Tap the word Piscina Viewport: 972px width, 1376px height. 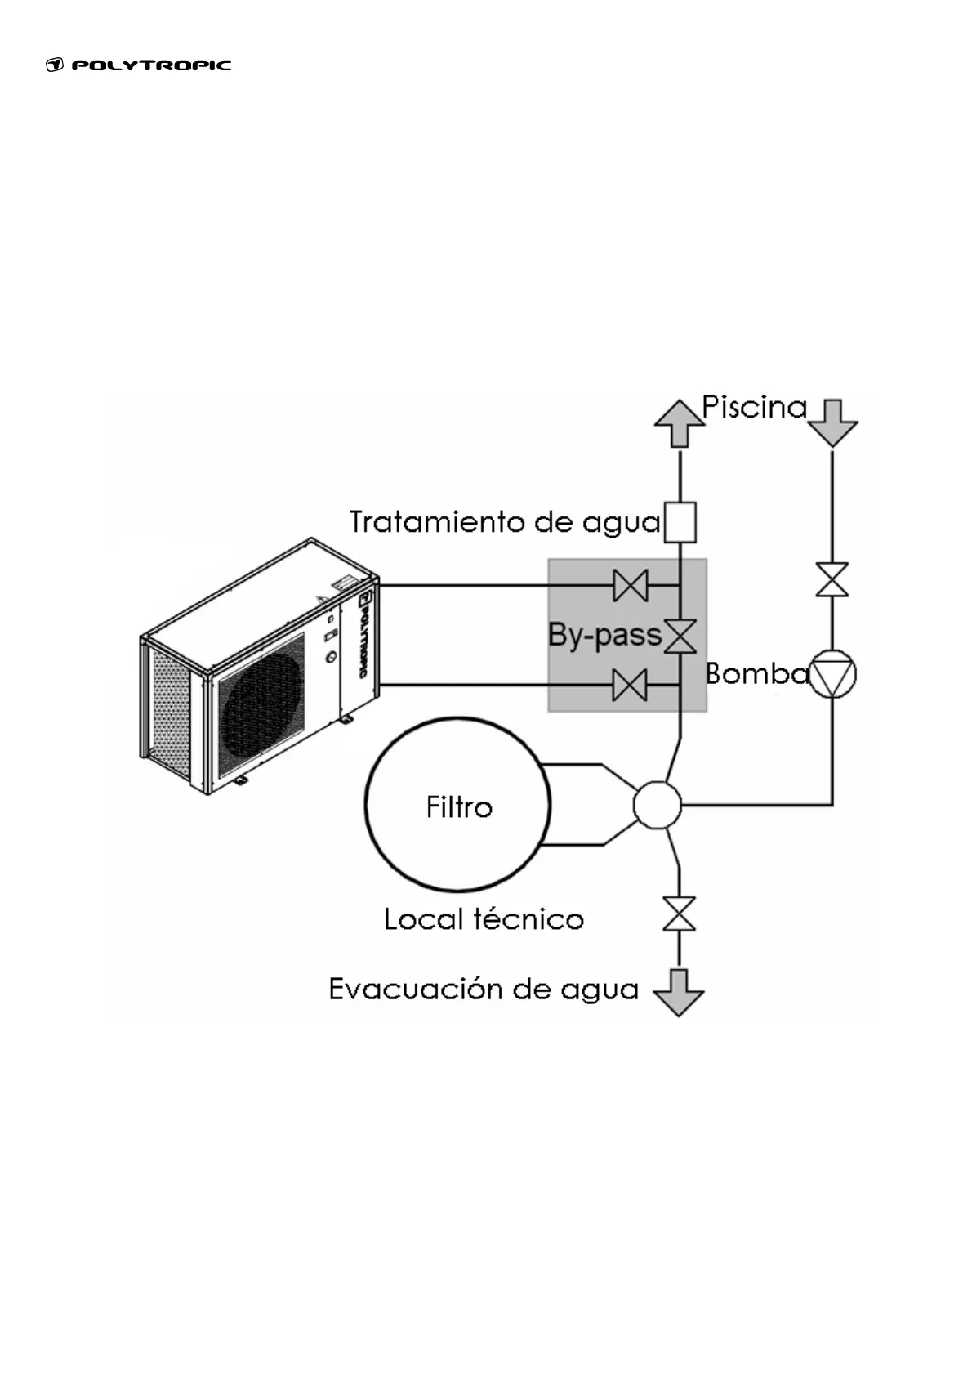click(x=754, y=407)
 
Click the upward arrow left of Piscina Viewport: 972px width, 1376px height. click(x=679, y=423)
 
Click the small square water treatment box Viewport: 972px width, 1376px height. click(x=680, y=522)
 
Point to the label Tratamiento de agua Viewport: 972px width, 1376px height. click(x=505, y=522)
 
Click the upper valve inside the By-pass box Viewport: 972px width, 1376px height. click(x=630, y=586)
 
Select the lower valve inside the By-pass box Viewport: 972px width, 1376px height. click(x=630, y=685)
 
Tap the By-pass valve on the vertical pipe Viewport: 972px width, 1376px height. click(x=680, y=636)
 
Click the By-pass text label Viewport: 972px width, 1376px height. click(x=604, y=635)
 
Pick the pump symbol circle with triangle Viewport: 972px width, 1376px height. click(x=832, y=674)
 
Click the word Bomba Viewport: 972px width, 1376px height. click(x=756, y=674)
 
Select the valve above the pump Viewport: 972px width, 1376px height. click(x=832, y=579)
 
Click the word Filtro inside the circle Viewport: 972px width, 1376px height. click(x=459, y=807)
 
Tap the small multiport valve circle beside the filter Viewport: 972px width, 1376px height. click(x=657, y=805)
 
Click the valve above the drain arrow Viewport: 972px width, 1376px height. click(x=679, y=914)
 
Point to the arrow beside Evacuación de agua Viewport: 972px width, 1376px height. click(x=679, y=992)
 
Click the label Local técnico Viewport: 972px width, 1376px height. click(x=484, y=919)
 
